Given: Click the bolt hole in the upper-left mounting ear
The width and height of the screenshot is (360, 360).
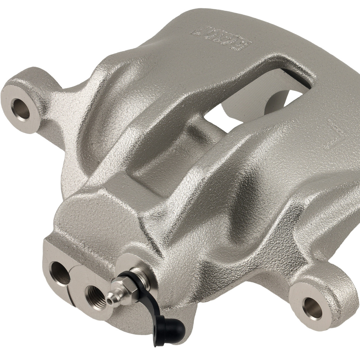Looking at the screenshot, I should click(21, 108).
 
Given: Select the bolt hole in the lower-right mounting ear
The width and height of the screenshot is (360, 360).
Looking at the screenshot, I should click(312, 308).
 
